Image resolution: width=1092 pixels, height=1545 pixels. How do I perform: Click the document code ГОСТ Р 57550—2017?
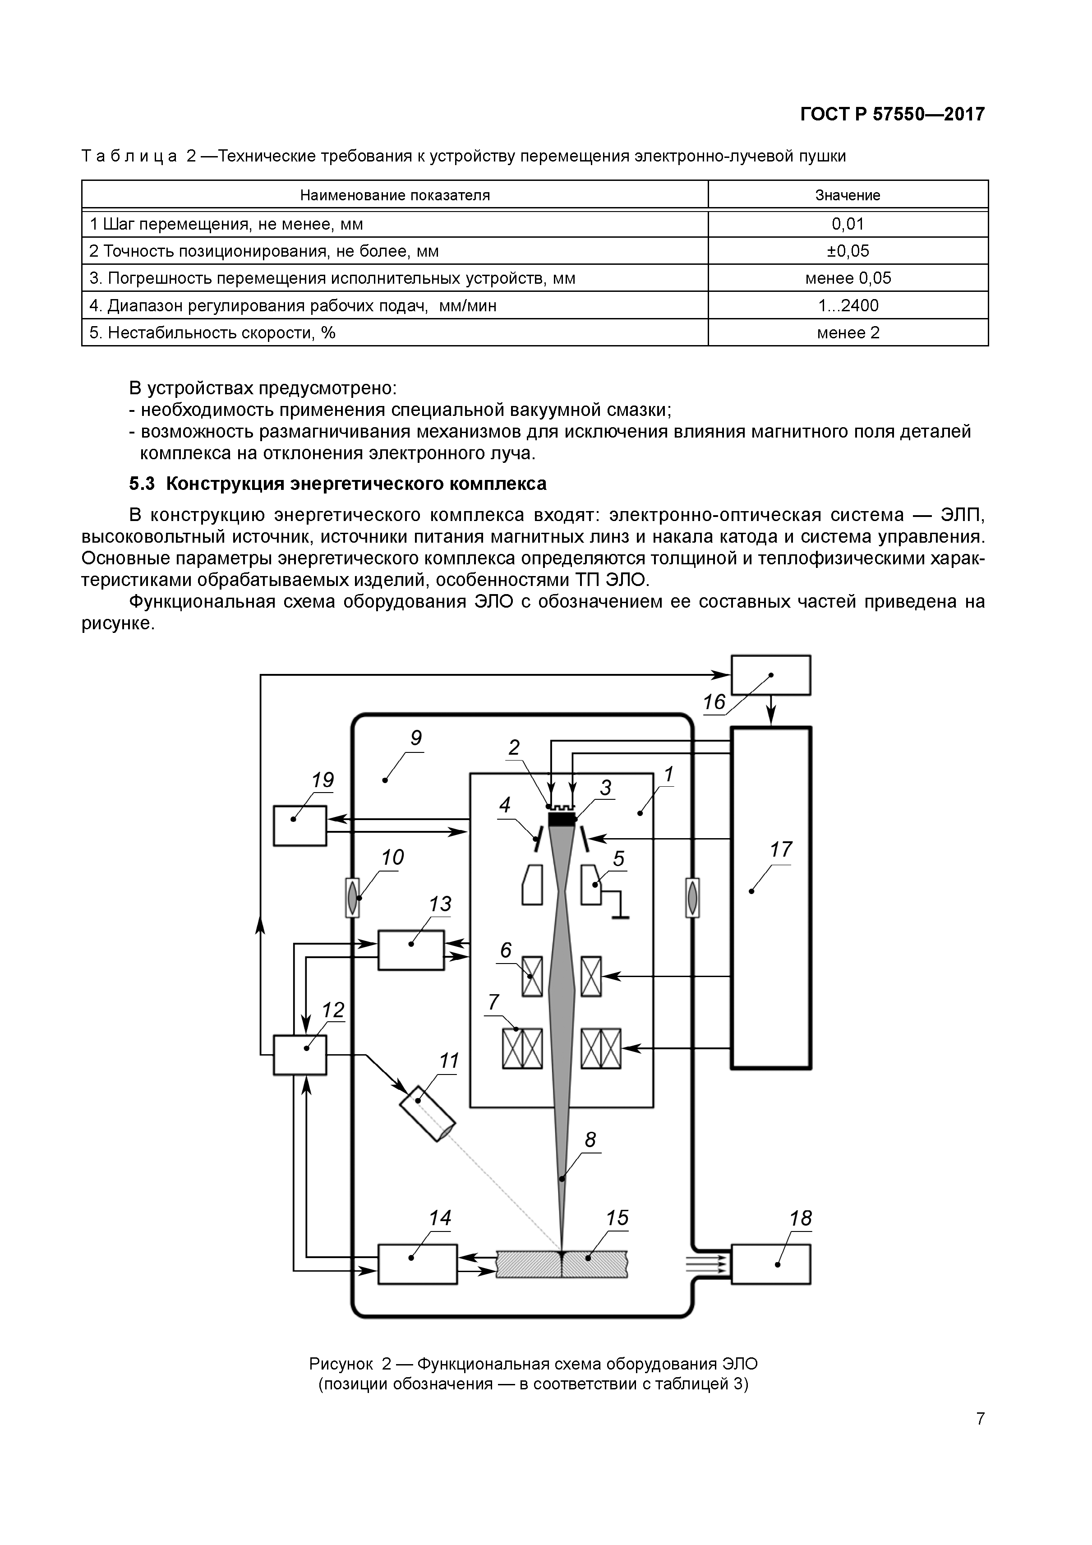click(892, 115)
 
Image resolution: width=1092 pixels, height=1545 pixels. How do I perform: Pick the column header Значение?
click(848, 195)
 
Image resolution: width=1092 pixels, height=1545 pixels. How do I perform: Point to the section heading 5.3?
click(338, 484)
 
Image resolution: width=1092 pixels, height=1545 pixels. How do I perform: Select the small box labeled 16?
click(770, 675)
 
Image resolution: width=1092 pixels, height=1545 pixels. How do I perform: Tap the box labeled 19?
click(299, 826)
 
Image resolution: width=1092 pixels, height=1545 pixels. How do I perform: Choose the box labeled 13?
click(411, 950)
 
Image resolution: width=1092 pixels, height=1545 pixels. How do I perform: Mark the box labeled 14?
click(418, 1264)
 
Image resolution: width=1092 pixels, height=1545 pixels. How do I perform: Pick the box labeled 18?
click(770, 1264)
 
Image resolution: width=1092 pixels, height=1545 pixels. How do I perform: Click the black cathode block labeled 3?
click(562, 820)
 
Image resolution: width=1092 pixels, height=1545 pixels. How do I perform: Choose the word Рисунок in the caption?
click(341, 1364)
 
